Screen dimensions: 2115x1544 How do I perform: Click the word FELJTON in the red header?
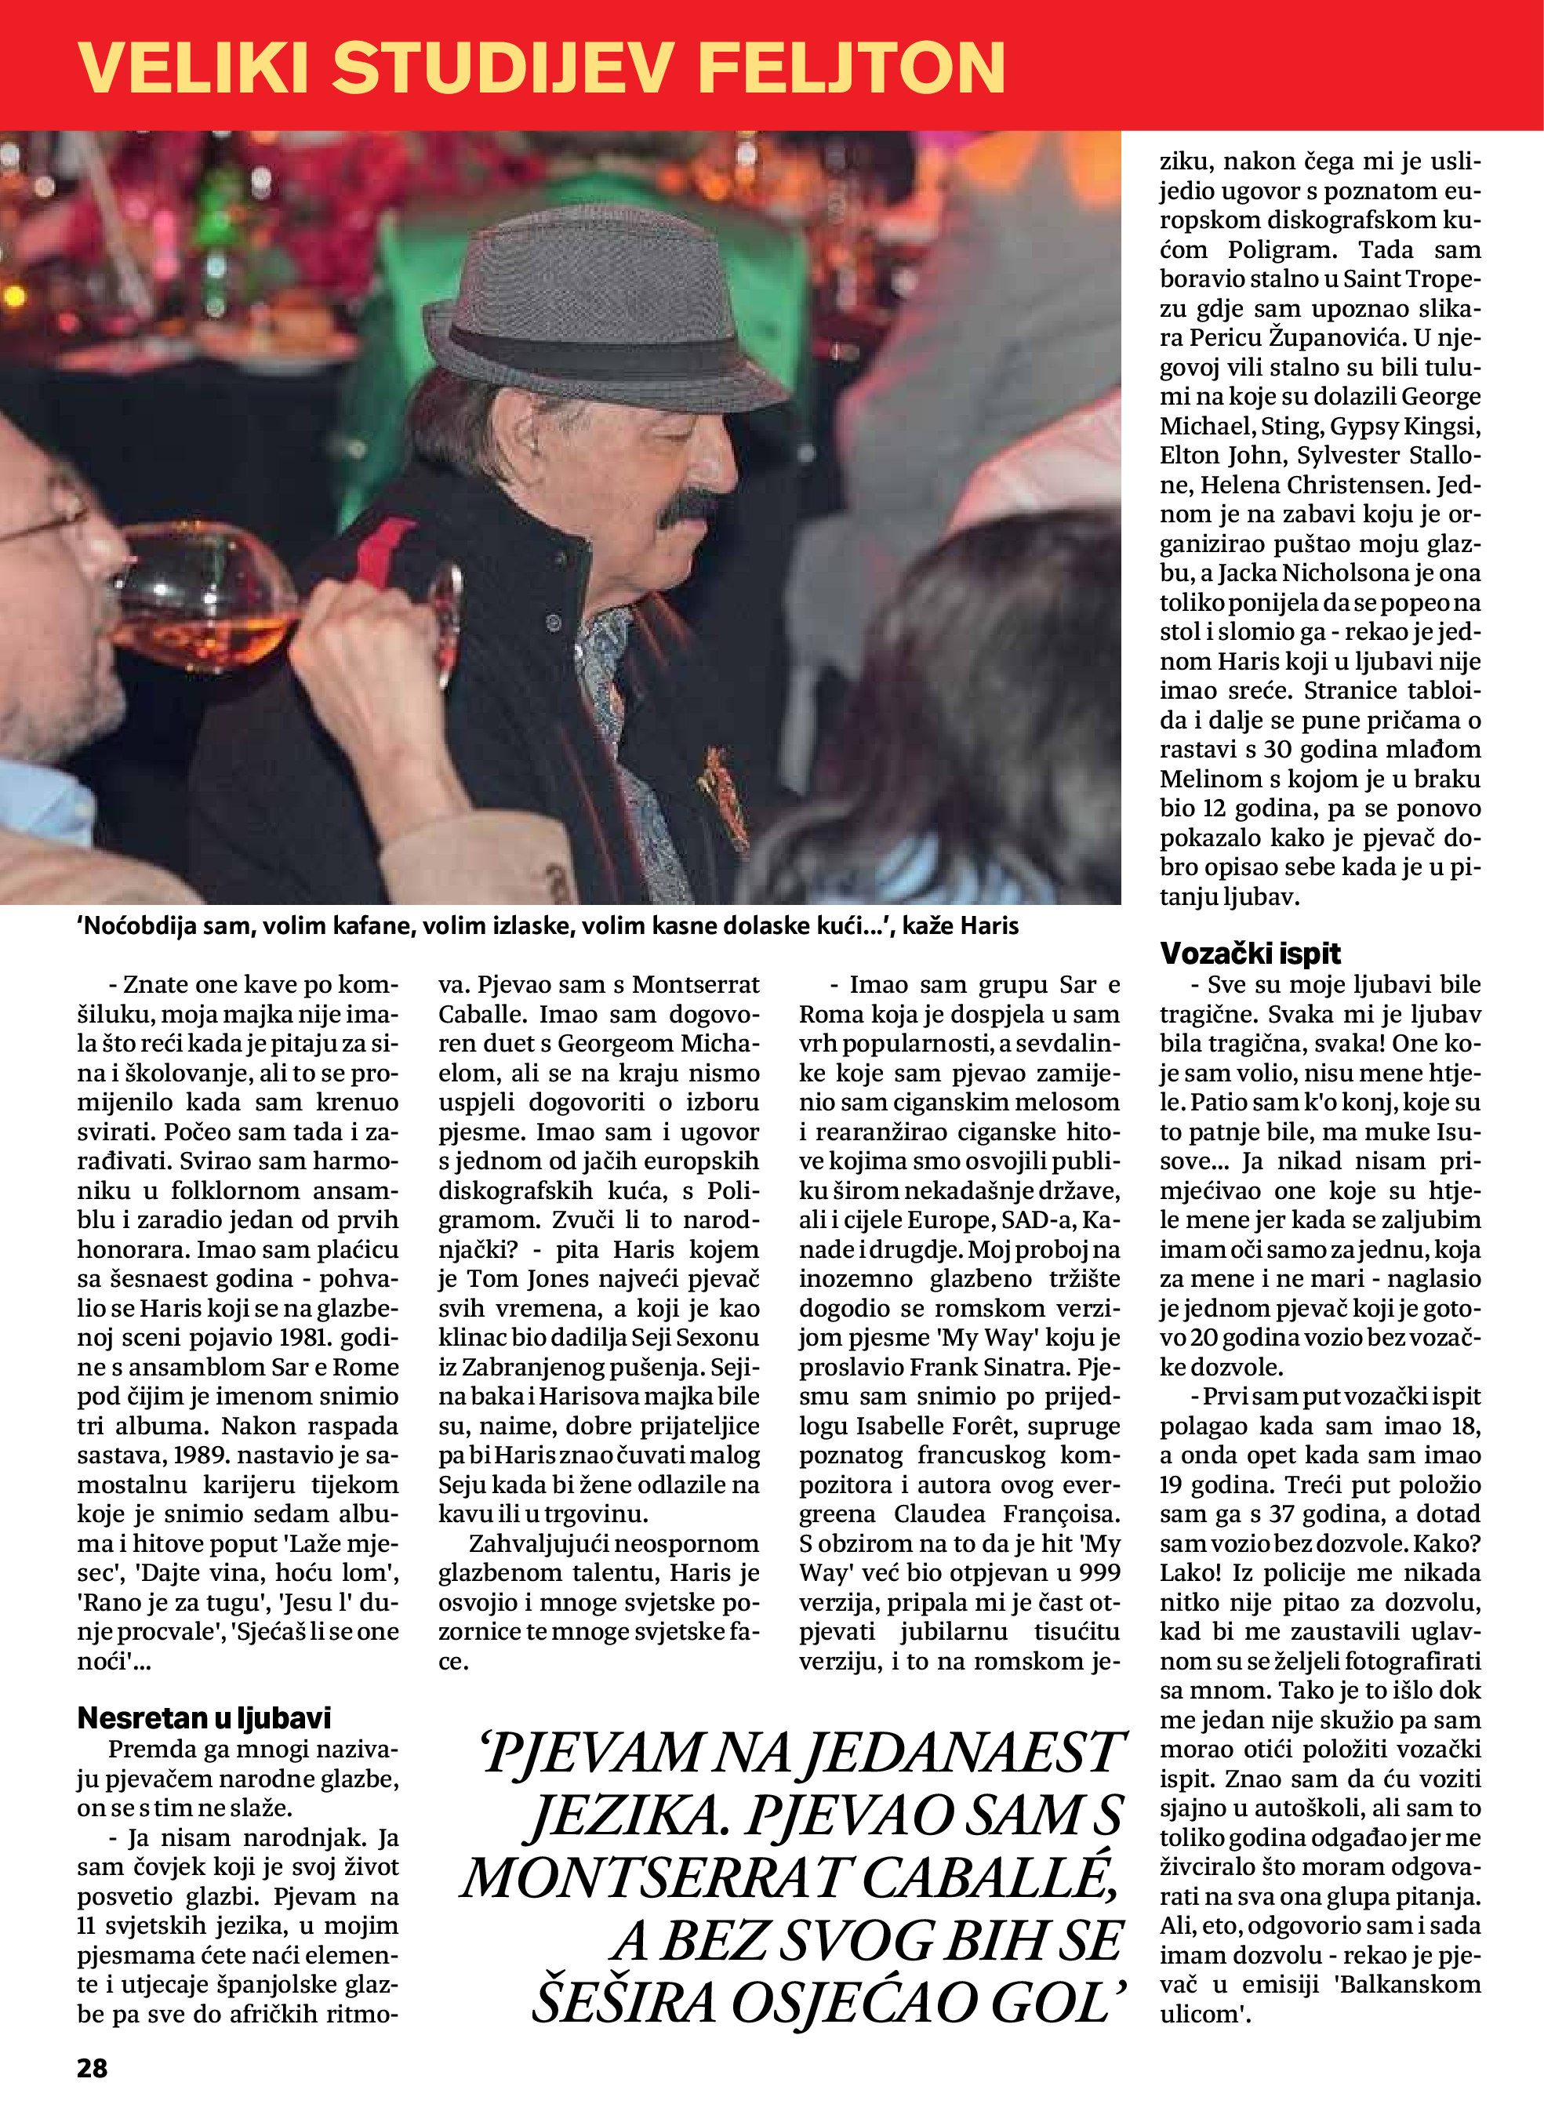tap(851, 67)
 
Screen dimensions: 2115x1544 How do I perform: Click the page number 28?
tap(93, 2067)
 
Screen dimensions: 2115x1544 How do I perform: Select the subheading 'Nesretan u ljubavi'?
tap(204, 1717)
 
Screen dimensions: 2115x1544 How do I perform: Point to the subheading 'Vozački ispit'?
tap(1250, 954)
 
